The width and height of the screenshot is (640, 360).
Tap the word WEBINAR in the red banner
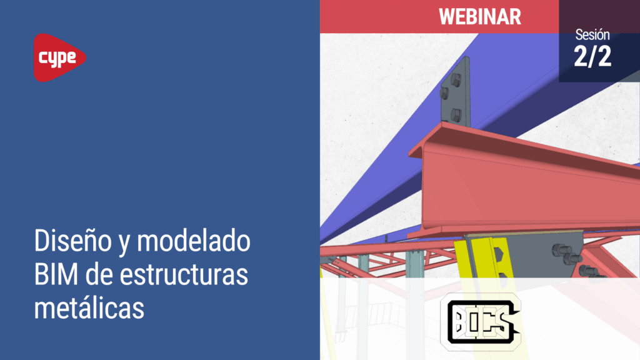click(480, 17)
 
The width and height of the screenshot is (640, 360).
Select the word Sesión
click(592, 35)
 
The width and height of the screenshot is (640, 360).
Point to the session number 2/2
click(592, 56)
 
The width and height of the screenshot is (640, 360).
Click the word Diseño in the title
click(73, 241)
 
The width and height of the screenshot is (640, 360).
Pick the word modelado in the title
click(194, 241)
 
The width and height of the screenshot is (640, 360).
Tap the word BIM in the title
click(56, 275)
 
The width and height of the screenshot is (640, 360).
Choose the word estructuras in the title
click(184, 275)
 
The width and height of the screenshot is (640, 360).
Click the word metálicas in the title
click(89, 308)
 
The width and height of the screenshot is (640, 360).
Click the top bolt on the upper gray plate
click(456, 80)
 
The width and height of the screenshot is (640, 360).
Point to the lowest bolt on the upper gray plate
click(456, 114)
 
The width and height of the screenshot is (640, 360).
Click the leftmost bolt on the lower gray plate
click(559, 250)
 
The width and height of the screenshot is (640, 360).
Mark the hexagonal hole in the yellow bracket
click(498, 254)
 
